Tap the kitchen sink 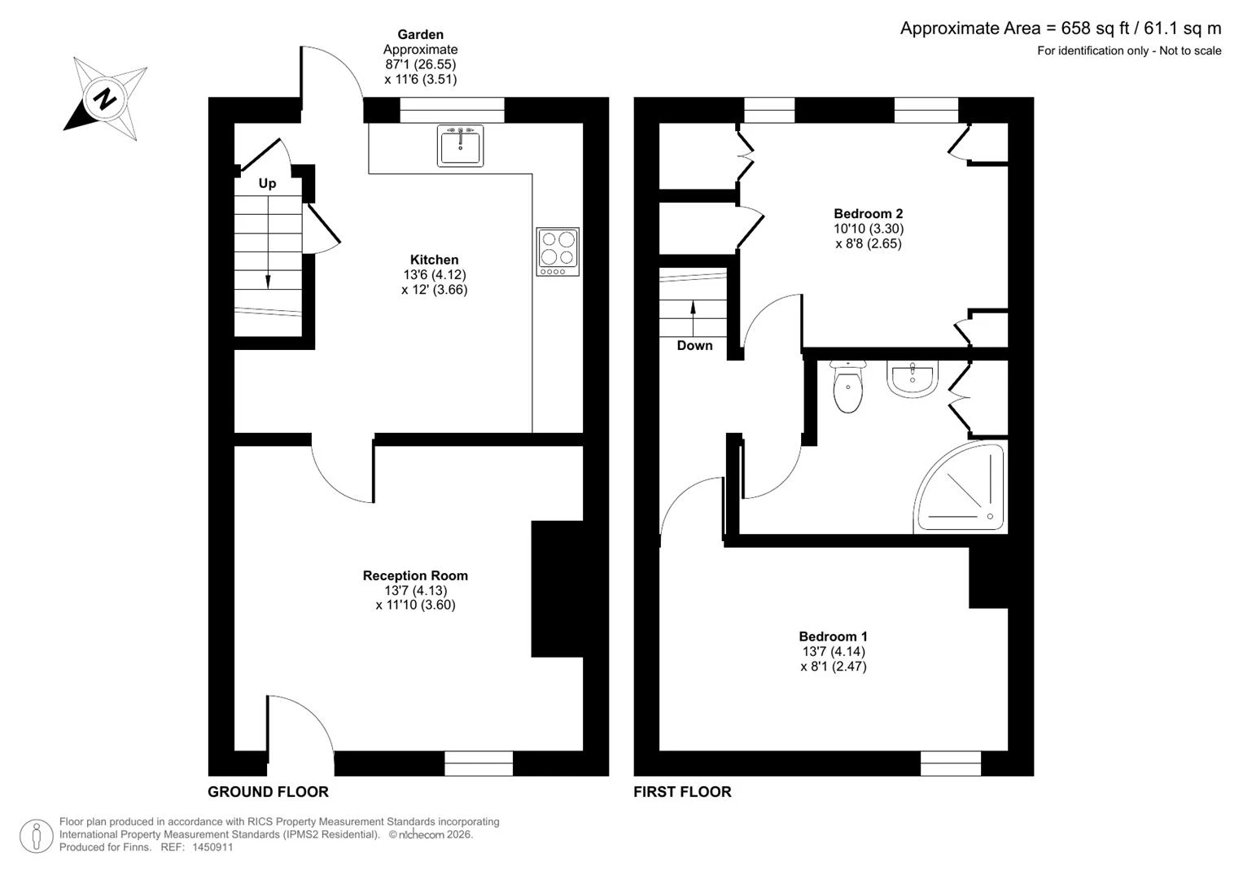click(460, 146)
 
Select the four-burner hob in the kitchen click(558, 251)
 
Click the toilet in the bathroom click(848, 387)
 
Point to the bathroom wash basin click(913, 379)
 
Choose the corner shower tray click(960, 488)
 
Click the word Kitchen click(434, 260)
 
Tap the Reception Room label click(415, 575)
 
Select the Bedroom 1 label click(833, 636)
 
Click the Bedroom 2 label click(869, 213)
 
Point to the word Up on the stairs click(268, 184)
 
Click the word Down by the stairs click(694, 346)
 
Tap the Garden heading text click(420, 34)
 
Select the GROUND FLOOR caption click(268, 792)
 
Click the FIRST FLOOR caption click(682, 792)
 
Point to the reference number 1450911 click(212, 847)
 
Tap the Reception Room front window click(479, 763)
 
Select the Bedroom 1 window click(951, 763)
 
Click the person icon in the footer click(37, 836)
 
